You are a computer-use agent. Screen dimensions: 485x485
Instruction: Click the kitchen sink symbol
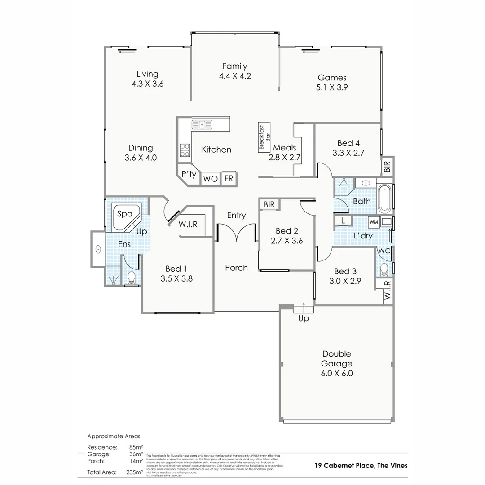(x=202, y=124)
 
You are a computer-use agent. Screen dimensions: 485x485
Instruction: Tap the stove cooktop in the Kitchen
(x=185, y=150)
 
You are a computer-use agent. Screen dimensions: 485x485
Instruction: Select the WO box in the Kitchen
(x=210, y=179)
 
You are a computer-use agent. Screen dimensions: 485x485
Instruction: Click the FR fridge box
(x=229, y=178)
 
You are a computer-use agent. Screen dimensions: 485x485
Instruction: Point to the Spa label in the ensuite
(x=125, y=214)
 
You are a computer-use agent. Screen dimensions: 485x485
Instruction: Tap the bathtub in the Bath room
(x=384, y=198)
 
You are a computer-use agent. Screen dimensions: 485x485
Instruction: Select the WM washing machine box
(x=374, y=221)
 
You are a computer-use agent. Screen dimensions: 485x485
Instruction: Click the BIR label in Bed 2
(x=269, y=204)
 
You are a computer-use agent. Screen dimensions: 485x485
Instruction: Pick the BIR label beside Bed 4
(x=388, y=167)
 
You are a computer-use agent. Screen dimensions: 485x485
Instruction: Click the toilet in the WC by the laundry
(x=384, y=269)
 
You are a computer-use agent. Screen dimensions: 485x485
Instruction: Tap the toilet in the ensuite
(x=132, y=278)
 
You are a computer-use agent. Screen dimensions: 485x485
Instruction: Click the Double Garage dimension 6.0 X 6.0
(x=336, y=373)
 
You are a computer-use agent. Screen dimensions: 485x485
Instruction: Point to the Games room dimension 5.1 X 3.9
(x=332, y=88)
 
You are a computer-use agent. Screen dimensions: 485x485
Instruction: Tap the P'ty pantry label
(x=189, y=174)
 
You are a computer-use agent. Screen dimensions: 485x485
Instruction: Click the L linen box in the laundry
(x=343, y=220)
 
